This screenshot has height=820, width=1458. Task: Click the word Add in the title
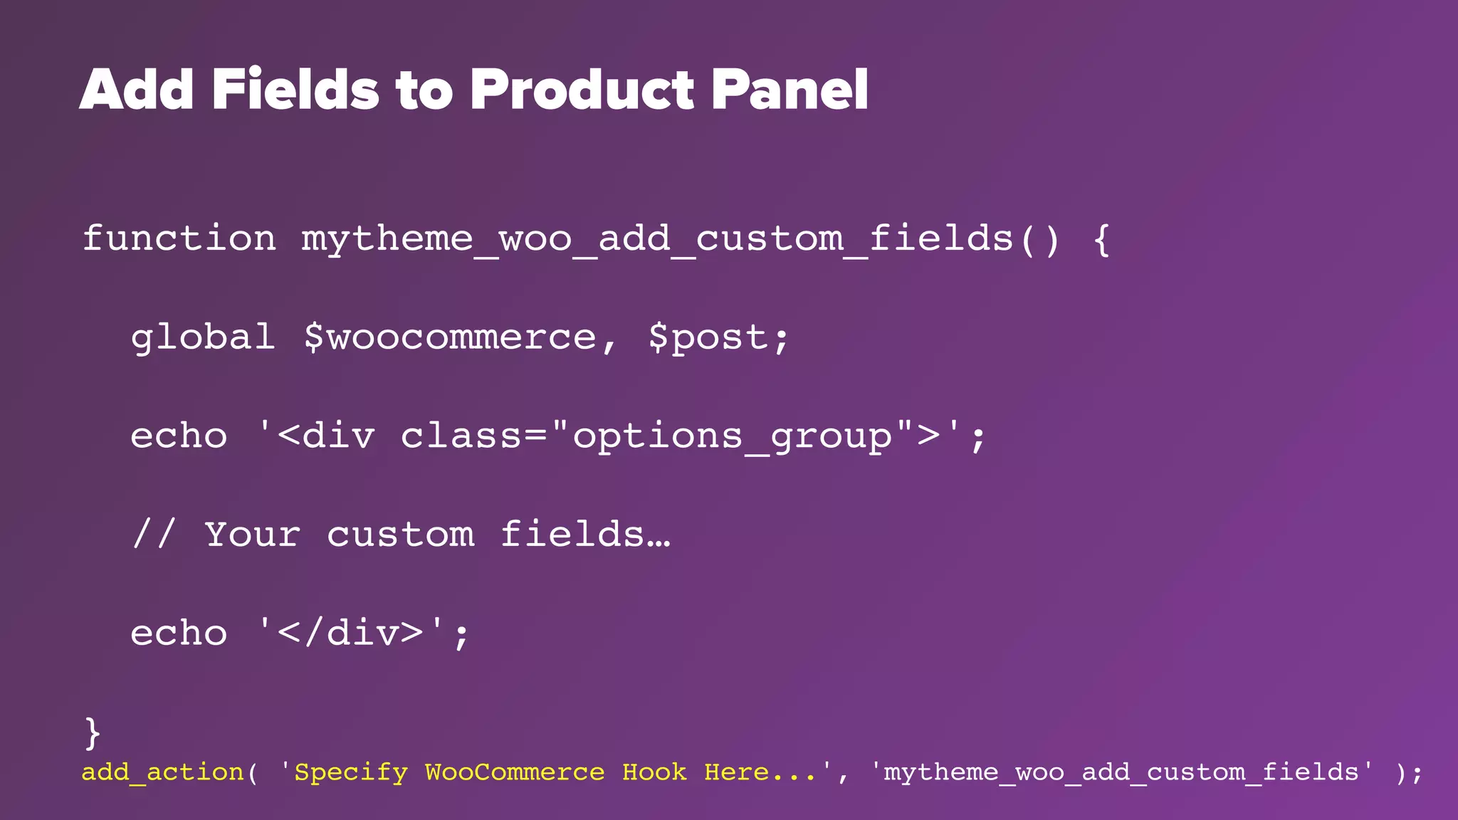[x=136, y=90]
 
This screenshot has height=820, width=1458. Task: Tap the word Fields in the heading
[x=295, y=90]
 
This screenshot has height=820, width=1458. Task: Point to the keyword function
[x=179, y=238]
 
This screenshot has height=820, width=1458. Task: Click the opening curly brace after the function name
[x=1101, y=239]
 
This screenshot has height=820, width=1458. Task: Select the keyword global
[x=203, y=337]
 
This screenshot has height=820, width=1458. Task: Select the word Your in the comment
[x=253, y=534]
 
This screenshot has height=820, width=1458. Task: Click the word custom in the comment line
[x=400, y=534]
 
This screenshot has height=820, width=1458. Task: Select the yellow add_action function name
[x=163, y=772]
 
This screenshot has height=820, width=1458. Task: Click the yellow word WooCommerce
[x=515, y=772]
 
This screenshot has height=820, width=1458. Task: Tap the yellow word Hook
[x=654, y=772]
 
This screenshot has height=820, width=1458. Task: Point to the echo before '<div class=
[x=179, y=436]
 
